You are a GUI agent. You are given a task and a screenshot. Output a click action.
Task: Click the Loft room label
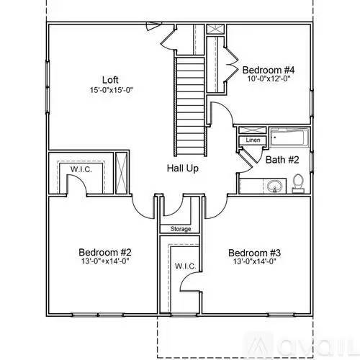(x=109, y=79)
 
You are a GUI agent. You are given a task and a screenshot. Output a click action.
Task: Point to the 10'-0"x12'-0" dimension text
(x=269, y=78)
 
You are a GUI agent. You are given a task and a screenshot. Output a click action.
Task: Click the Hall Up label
(x=183, y=168)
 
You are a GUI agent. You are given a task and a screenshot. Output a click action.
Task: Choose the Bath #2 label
(x=282, y=159)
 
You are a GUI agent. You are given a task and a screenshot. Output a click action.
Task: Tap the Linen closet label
(x=253, y=140)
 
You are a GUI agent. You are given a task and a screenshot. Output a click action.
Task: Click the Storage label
(x=181, y=229)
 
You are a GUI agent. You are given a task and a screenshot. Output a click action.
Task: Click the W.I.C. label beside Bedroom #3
(x=184, y=266)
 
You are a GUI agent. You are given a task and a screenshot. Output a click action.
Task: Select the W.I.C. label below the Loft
(x=79, y=170)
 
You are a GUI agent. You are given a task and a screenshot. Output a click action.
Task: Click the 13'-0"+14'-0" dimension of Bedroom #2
(x=104, y=263)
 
